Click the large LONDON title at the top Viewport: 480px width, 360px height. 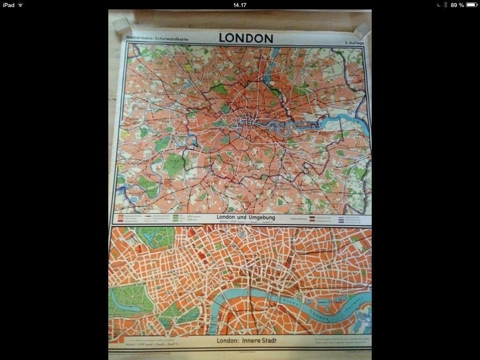tap(246, 38)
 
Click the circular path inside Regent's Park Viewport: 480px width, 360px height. tap(158, 238)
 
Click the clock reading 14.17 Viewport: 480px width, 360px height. tap(240, 5)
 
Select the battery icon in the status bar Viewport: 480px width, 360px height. tap(471, 5)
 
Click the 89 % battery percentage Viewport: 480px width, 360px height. tap(457, 5)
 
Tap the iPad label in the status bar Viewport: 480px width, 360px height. tap(8, 5)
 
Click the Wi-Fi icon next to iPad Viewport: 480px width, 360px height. tap(21, 5)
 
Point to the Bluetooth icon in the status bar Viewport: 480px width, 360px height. tap(445, 5)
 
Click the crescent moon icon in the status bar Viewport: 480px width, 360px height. tap(438, 5)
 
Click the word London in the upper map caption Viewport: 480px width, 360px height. tap(227, 217)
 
